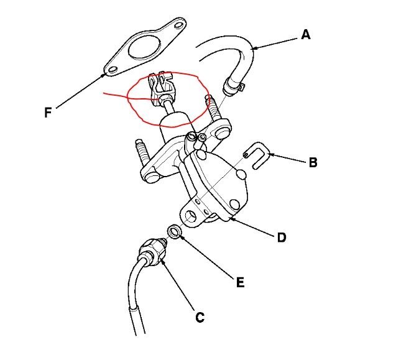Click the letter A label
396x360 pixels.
pyautogui.click(x=305, y=35)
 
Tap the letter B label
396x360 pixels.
pyautogui.click(x=313, y=163)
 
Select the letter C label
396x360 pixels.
pyautogui.click(x=200, y=317)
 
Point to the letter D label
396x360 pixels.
pyautogui.click(x=281, y=238)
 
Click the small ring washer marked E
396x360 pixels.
pyautogui.click(x=176, y=233)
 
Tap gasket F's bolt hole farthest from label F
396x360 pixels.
pyautogui.click(x=179, y=26)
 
